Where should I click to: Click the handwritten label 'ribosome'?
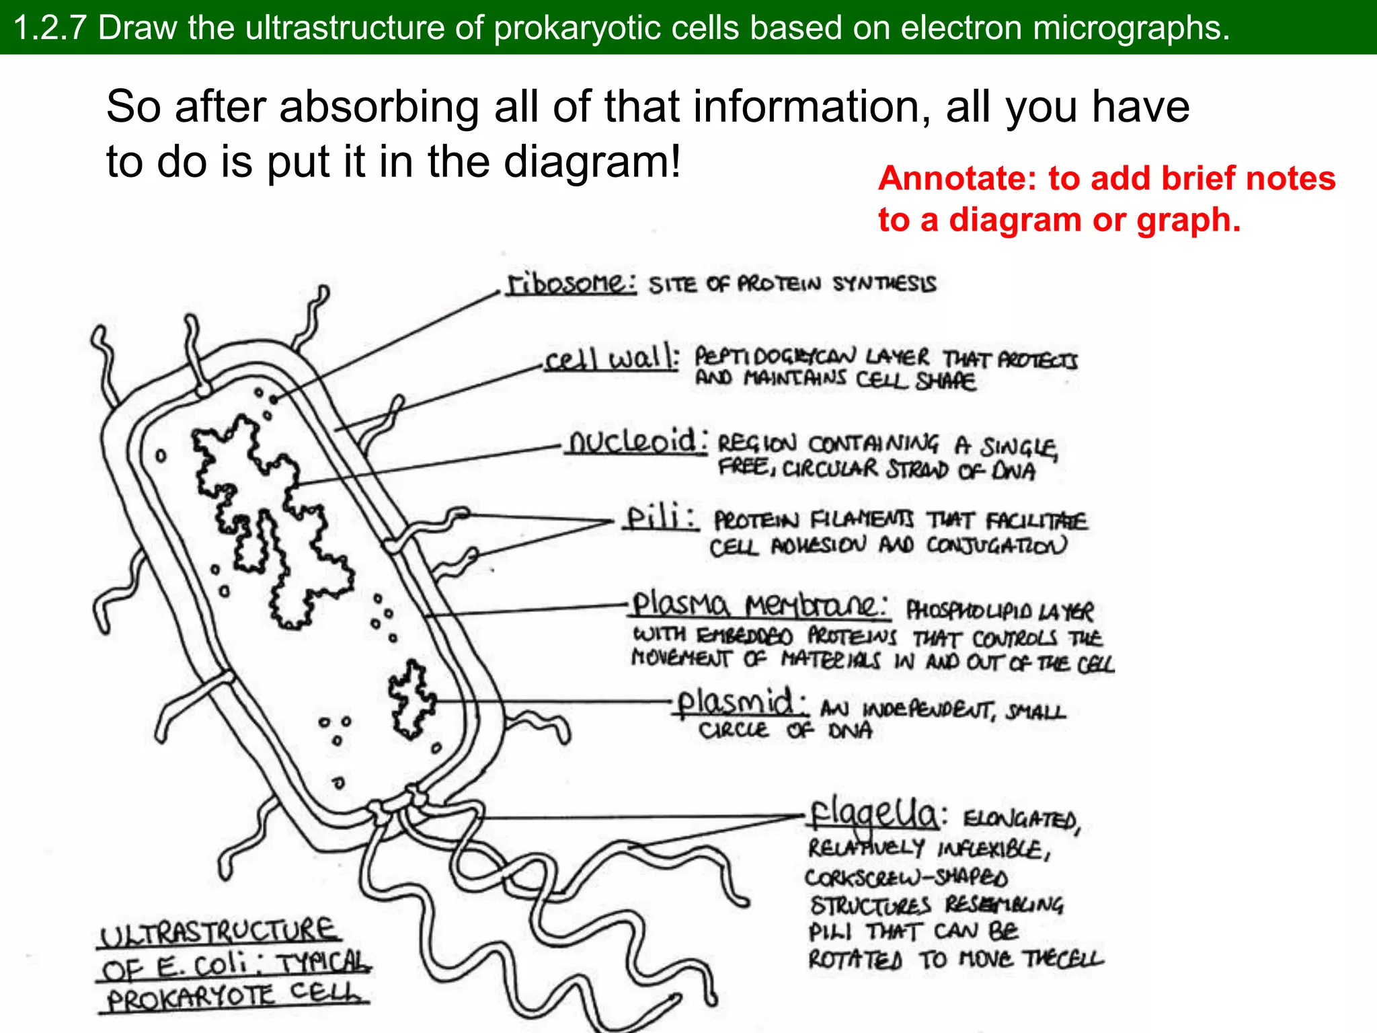tap(571, 283)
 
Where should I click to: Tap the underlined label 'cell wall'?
tap(611, 358)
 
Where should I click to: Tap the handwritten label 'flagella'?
tap(874, 815)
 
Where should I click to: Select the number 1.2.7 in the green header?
tap(50, 28)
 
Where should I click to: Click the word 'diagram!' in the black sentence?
tap(592, 162)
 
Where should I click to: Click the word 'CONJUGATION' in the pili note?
tap(996, 545)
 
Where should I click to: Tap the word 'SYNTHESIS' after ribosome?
tap(883, 284)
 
